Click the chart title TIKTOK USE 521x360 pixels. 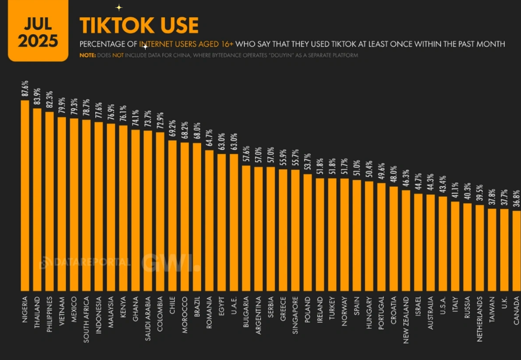138,25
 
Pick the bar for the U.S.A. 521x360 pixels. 443,243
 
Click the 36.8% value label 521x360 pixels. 516,199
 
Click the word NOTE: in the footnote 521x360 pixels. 87,56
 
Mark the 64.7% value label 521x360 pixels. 209,139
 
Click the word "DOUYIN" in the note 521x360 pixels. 267,56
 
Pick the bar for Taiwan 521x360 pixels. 492,250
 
